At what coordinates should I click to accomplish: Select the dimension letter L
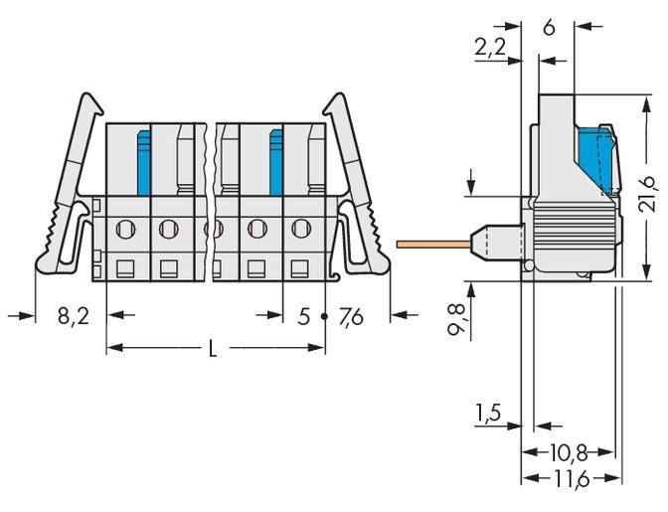coord(214,349)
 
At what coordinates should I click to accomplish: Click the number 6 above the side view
coord(549,27)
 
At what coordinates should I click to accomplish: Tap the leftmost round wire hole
coord(125,230)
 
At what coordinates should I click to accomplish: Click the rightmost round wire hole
coord(300,230)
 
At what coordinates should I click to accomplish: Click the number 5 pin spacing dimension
coord(304,317)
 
